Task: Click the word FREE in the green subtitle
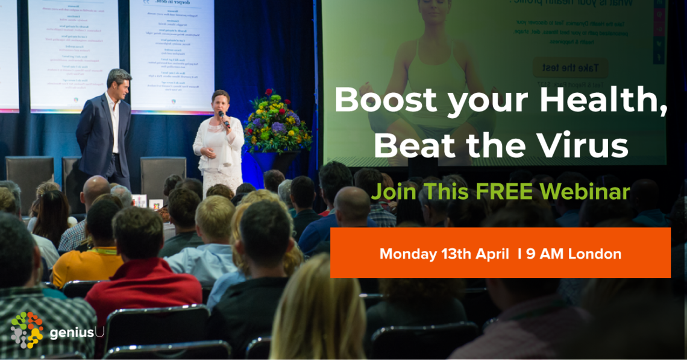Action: pos(504,192)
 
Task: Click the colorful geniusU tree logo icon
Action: pos(27,329)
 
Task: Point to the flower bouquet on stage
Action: pos(277,121)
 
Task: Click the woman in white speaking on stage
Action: pos(217,140)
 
